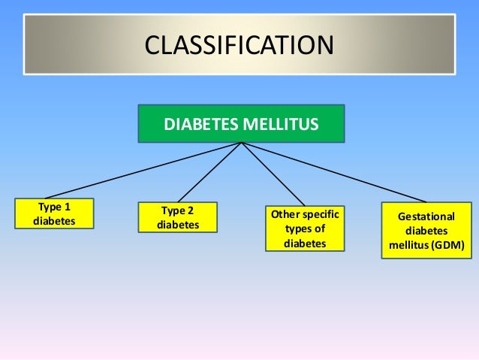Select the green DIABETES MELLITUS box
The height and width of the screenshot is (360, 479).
(241, 123)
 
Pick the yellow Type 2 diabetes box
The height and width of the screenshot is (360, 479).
(178, 217)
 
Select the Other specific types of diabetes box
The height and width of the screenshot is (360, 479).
(305, 228)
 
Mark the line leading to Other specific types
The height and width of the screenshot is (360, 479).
(271, 173)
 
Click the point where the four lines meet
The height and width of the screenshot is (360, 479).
(241, 144)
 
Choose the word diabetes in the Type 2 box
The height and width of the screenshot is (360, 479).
(178, 225)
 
